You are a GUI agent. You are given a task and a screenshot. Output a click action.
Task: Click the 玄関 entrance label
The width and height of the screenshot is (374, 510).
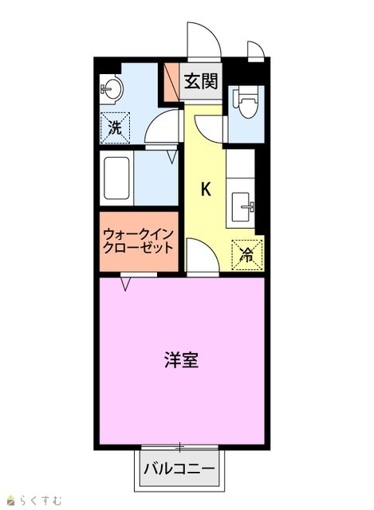[x=201, y=81]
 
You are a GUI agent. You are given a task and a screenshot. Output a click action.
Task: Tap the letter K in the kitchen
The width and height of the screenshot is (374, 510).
[x=206, y=189]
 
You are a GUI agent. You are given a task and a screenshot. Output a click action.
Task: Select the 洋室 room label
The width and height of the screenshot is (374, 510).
[x=181, y=359]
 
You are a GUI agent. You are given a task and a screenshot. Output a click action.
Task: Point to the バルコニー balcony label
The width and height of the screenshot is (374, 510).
[x=179, y=469]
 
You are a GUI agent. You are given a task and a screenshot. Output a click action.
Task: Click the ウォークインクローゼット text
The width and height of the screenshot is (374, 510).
[x=138, y=241]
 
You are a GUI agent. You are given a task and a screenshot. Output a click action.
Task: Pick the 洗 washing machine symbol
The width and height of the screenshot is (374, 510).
[x=115, y=127]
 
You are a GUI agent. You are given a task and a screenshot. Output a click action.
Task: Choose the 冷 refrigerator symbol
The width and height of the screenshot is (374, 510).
[x=246, y=255]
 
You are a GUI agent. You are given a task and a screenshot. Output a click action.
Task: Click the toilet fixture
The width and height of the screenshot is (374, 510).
[x=247, y=101]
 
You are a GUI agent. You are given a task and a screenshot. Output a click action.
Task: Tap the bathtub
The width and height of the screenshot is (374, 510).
[x=116, y=178]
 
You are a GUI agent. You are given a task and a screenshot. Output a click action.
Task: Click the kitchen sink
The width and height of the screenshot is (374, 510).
[x=242, y=207]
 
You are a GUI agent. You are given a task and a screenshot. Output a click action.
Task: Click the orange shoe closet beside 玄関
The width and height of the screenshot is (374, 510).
[x=171, y=81]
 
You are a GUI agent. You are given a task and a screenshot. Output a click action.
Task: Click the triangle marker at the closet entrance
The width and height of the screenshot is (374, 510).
[x=126, y=284]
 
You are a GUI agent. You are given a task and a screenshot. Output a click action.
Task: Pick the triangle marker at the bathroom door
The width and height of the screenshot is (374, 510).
[x=172, y=156]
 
